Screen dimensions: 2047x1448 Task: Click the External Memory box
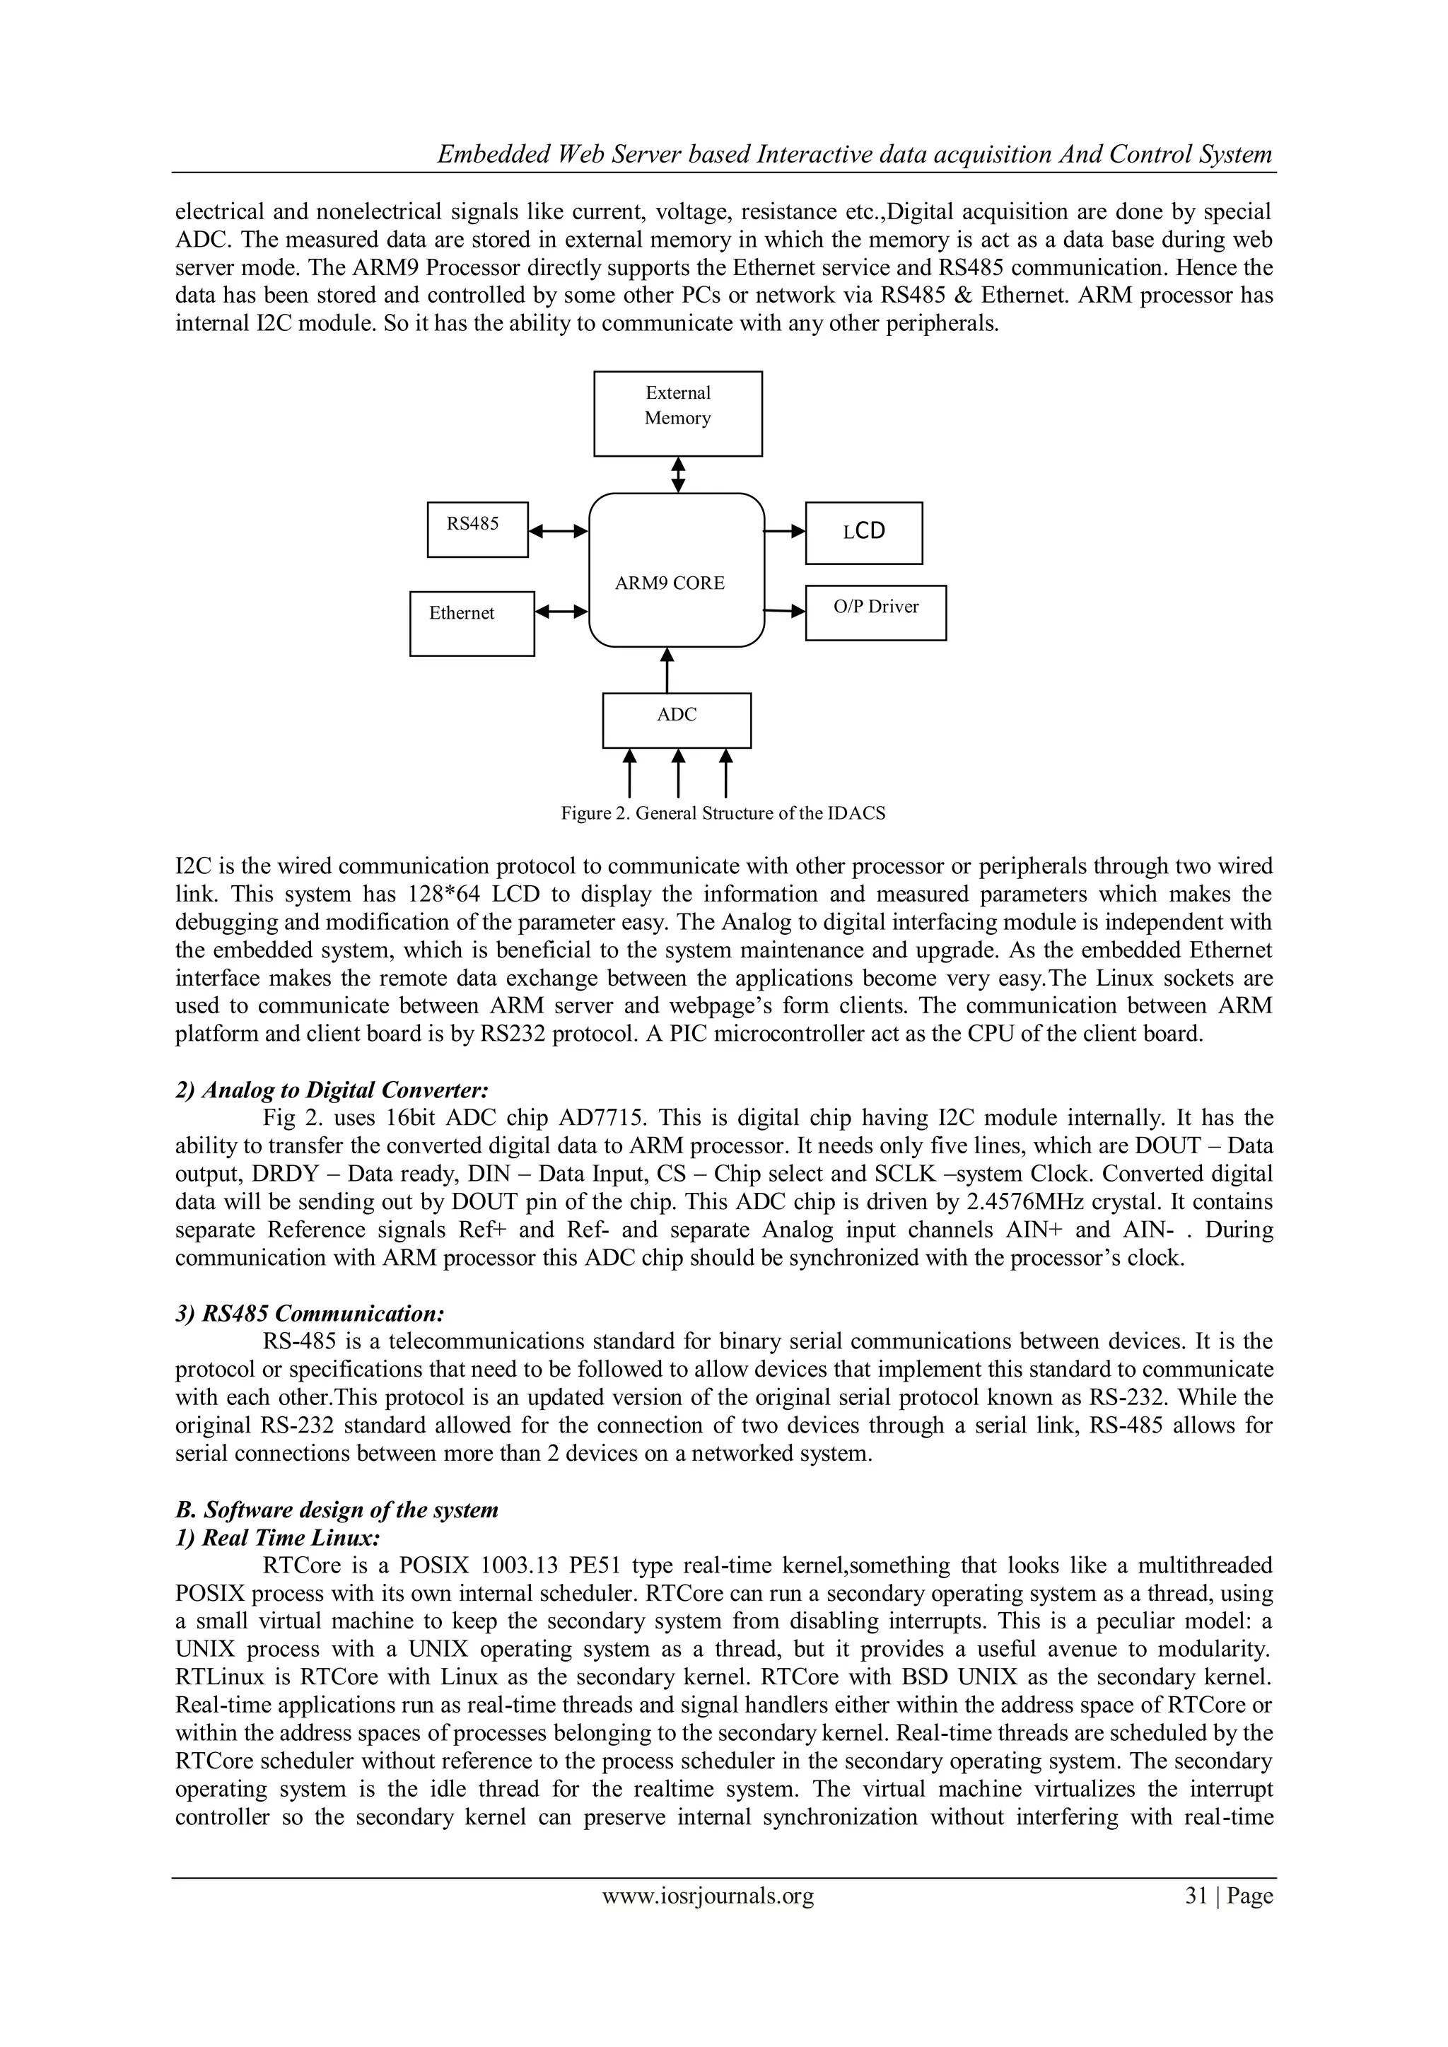click(x=677, y=414)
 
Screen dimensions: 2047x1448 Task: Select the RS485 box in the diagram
click(x=477, y=530)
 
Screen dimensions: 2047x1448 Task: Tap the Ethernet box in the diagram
click(x=472, y=623)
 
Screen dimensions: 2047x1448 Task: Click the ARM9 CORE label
click(x=670, y=583)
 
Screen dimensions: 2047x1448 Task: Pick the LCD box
click(x=863, y=532)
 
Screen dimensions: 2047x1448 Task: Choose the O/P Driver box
click(x=875, y=612)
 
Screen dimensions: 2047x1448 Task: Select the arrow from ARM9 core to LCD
click(x=785, y=531)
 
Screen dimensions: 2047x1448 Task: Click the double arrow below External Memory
click(x=677, y=474)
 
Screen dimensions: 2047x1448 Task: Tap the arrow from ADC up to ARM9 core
click(x=667, y=670)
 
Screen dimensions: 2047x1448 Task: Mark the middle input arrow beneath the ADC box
click(x=677, y=773)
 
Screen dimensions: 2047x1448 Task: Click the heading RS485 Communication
click(x=310, y=1313)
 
